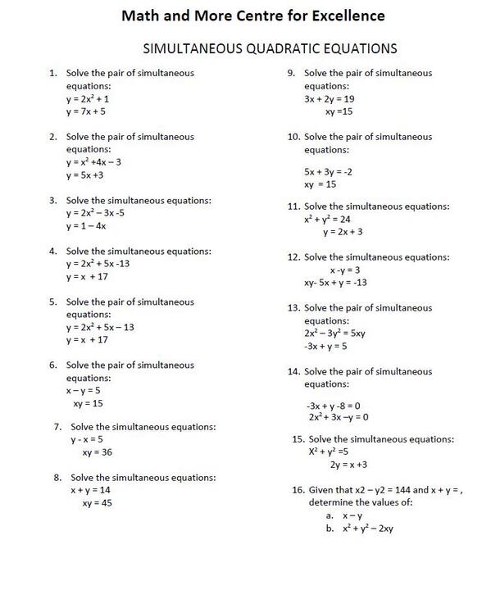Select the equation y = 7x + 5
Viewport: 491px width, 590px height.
click(86, 111)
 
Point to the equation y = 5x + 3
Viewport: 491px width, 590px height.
click(85, 175)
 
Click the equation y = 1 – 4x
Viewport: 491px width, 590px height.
click(87, 225)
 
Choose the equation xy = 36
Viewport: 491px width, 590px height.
click(97, 452)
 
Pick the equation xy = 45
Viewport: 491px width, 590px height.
click(97, 502)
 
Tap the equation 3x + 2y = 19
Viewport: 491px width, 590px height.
click(329, 98)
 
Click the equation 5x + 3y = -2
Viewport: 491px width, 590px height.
click(327, 172)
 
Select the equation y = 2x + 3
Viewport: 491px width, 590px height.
click(343, 232)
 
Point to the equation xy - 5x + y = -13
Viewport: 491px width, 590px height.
click(335, 283)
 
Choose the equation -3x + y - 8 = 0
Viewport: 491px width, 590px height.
click(333, 405)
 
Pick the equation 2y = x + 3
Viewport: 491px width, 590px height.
click(348, 465)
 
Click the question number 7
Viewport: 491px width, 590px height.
click(57, 427)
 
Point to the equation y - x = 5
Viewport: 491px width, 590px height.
click(87, 439)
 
